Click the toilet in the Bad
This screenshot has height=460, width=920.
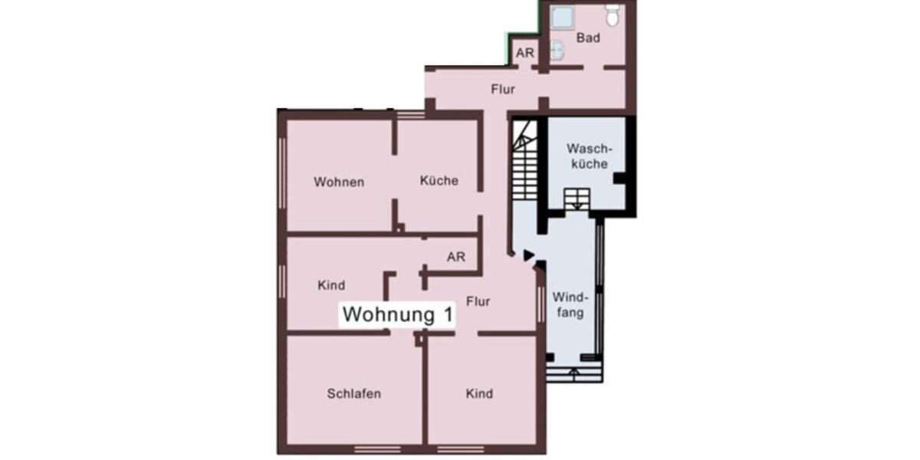[612, 15]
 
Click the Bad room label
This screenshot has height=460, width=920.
[588, 37]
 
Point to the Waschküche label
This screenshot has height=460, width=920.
[587, 156]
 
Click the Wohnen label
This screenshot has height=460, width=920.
[339, 182]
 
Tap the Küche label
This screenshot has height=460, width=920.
[439, 181]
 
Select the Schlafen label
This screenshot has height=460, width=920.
[354, 394]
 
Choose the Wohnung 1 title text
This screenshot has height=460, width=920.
[398, 314]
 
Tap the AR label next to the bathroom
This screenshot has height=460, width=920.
[525, 54]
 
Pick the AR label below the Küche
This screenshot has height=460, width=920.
[456, 258]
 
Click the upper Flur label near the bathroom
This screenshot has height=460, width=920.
[503, 90]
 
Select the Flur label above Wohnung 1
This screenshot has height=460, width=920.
[478, 301]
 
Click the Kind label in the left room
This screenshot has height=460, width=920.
[331, 285]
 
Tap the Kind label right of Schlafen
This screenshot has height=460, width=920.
[479, 394]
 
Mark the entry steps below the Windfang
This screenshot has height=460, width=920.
[575, 373]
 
